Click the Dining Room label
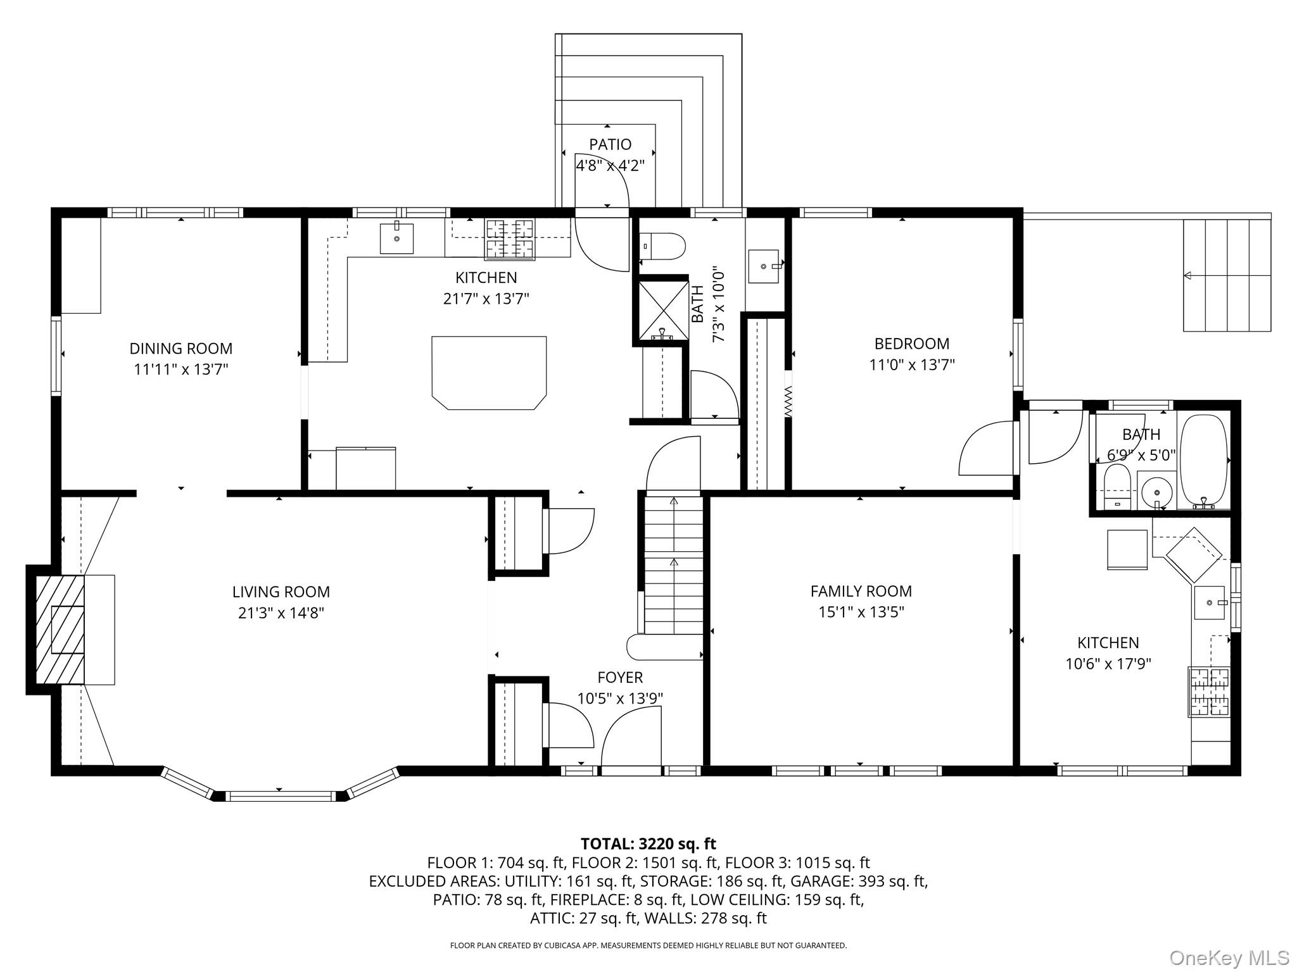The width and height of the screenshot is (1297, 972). pos(181,348)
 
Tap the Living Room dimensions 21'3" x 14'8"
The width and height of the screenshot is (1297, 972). pos(281,613)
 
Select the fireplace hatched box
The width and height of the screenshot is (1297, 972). pos(60,630)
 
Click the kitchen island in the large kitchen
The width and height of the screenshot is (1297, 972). pos(489,373)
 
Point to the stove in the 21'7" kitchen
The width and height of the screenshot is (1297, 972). pos(510,239)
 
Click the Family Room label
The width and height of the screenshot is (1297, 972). pos(861,591)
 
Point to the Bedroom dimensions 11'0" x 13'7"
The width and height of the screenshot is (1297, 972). pos(912,364)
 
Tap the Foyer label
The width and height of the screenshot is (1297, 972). pos(620,677)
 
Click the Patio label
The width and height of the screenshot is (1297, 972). pos(611,144)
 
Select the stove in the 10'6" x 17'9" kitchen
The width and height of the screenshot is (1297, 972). pos(1209,692)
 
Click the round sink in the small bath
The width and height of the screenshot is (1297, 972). pos(1157,491)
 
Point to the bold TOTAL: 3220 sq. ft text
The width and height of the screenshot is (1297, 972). pos(648,844)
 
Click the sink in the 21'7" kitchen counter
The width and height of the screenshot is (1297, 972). pos(396,239)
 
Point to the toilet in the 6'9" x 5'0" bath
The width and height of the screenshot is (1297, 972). pos(1117,487)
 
